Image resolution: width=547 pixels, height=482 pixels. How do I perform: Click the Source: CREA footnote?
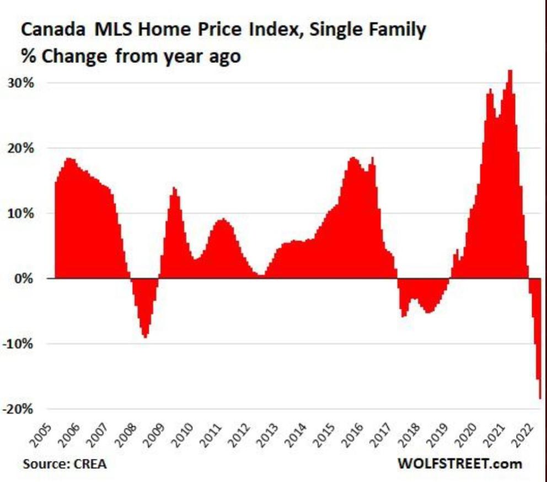point(65,463)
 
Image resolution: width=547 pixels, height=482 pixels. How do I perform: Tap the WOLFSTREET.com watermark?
point(459,463)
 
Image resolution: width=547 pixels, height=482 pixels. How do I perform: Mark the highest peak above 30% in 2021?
point(510,71)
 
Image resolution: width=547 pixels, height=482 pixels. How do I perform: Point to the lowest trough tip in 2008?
point(145,337)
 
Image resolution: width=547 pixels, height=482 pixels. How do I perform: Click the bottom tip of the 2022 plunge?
point(540,398)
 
